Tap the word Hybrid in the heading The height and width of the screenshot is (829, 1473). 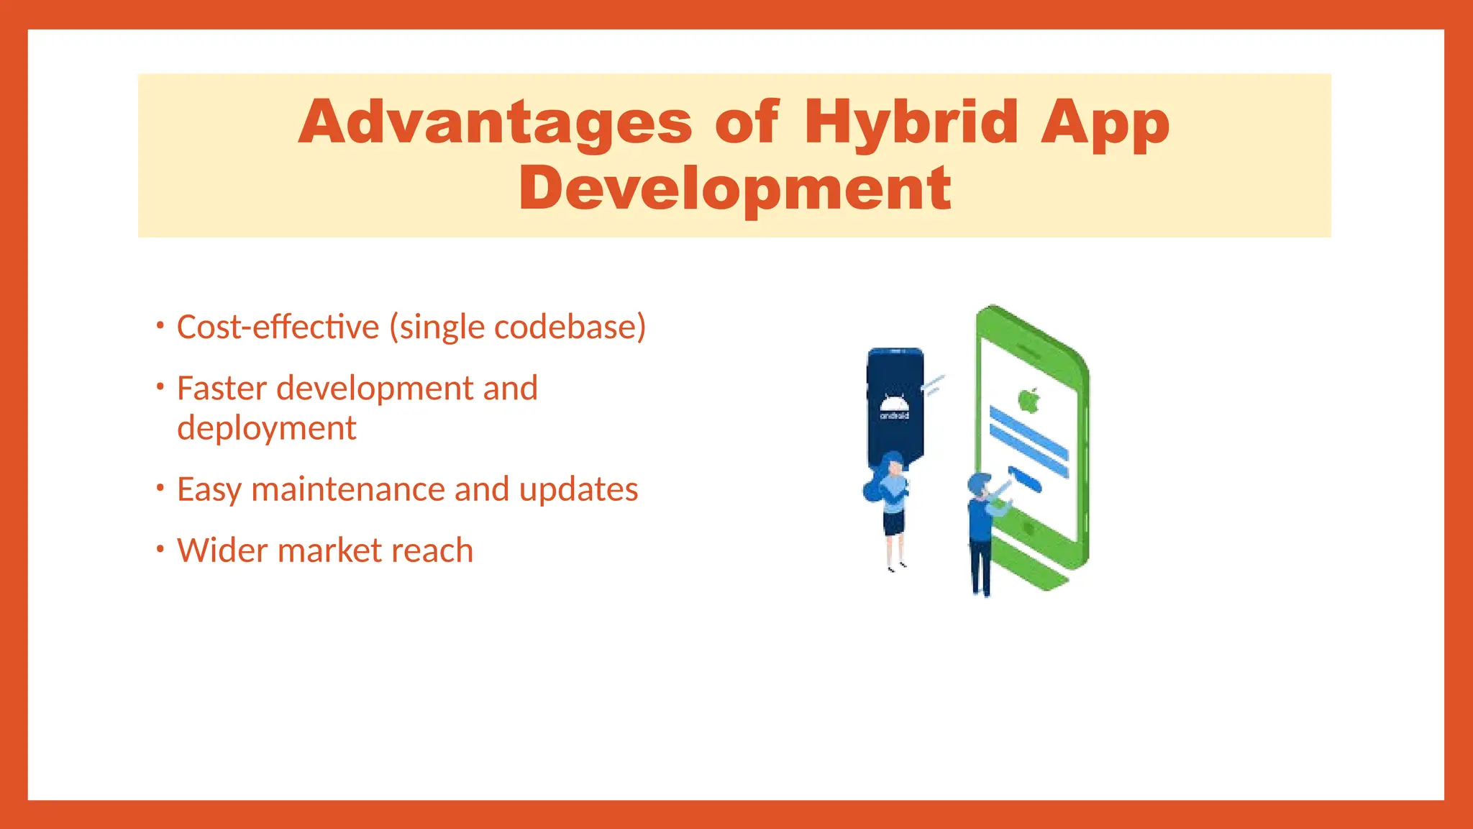pyautogui.click(x=911, y=122)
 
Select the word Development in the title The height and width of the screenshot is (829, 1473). pyautogui.click(x=735, y=189)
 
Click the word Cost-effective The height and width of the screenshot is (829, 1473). pyautogui.click(x=278, y=327)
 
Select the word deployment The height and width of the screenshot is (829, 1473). pyautogui.click(x=266, y=429)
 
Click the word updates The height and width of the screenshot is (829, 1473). pyautogui.click(x=578, y=490)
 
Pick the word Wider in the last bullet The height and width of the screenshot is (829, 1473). pyautogui.click(x=222, y=551)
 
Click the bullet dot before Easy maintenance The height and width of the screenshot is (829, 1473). pyautogui.click(x=160, y=488)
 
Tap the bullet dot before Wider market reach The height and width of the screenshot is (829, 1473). pyautogui.click(x=160, y=549)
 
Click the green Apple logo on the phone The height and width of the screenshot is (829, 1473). pyautogui.click(x=1029, y=400)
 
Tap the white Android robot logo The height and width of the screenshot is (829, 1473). pyautogui.click(x=894, y=405)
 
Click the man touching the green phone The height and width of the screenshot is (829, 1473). pyautogui.click(x=981, y=533)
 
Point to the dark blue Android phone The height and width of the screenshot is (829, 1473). pyautogui.click(x=895, y=403)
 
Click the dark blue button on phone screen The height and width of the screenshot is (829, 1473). pyautogui.click(x=1024, y=479)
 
